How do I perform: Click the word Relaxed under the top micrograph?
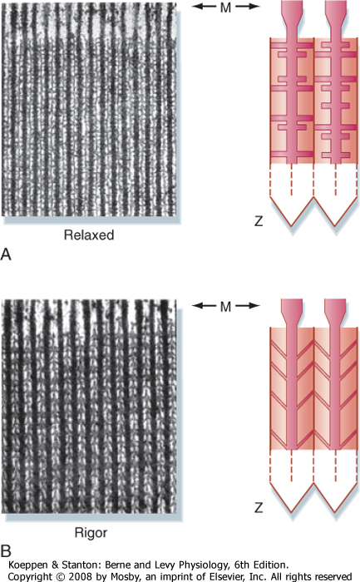coord(89,235)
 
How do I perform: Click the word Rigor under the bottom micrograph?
coord(91,533)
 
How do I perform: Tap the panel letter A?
coord(6,254)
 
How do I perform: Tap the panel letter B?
coord(6,551)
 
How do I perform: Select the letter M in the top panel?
coord(225,7)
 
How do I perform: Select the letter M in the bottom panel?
coord(225,307)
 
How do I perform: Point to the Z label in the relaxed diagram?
coord(259,221)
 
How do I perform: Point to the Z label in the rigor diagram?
coord(259,507)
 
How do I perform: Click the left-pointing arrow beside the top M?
coord(204,7)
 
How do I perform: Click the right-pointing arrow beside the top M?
coord(248,7)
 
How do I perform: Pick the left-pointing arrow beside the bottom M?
coord(204,305)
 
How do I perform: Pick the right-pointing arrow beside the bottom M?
coord(248,305)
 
